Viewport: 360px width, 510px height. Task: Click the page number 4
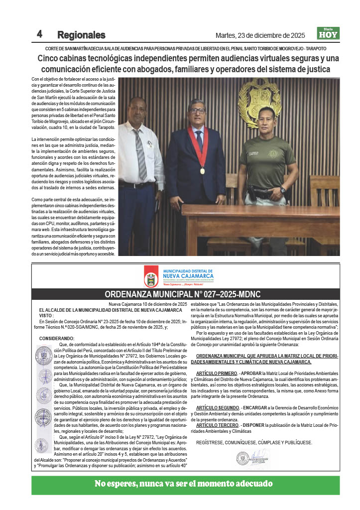39,34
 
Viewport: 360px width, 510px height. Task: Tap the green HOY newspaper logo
328,33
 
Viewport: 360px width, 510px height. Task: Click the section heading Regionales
81,35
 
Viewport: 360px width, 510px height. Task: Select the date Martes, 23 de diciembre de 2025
260,35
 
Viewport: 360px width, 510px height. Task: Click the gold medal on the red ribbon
203,171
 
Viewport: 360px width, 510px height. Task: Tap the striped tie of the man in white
141,154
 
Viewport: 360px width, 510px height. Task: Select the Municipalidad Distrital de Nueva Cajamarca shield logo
151,275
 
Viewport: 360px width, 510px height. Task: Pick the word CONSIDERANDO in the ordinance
56,338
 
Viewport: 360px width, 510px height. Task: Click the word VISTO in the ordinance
46,315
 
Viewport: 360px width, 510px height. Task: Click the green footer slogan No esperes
184,484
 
